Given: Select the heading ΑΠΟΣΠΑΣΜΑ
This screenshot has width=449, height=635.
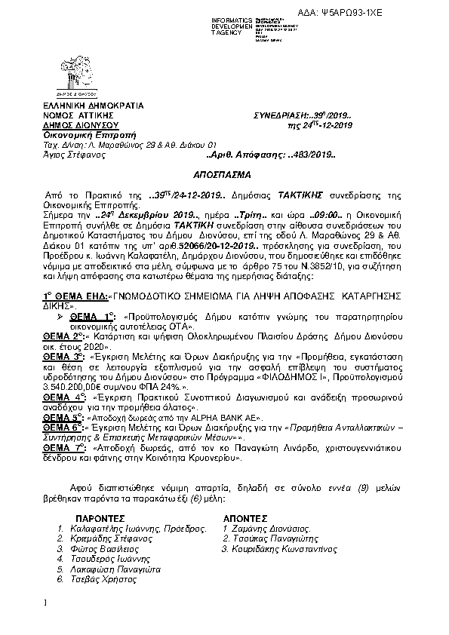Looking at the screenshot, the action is tap(223, 172).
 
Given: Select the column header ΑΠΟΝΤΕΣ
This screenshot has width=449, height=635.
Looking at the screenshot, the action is tap(245, 519).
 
